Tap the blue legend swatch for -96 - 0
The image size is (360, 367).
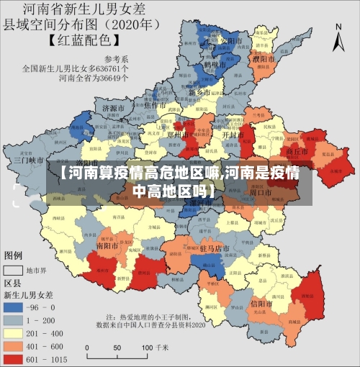(x=14, y=306)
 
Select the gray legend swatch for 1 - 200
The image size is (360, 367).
(x=14, y=319)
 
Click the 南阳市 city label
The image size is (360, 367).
(x=107, y=245)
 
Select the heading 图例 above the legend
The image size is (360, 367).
(x=14, y=255)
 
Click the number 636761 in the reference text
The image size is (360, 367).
(x=114, y=70)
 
